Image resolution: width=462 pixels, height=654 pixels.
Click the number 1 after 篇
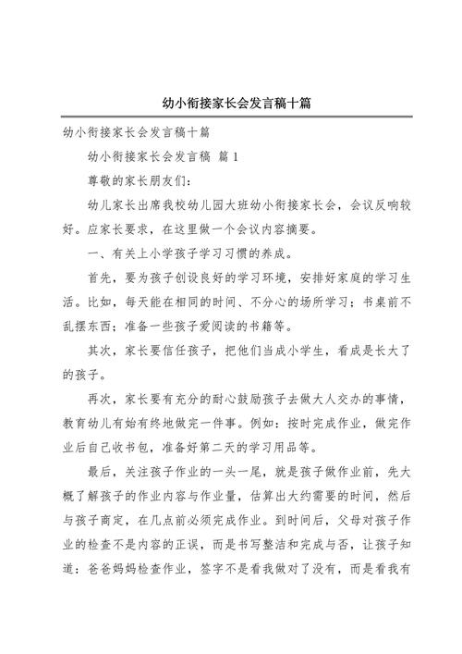click(236, 156)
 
